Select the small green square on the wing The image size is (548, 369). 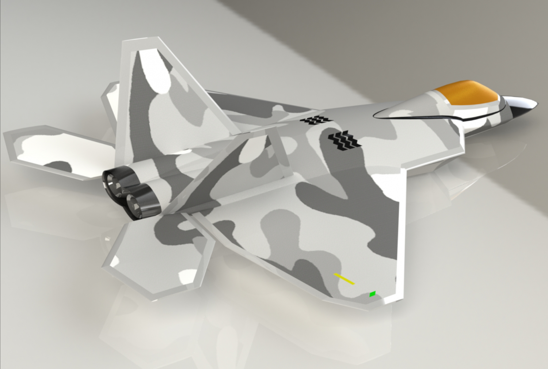click(x=372, y=294)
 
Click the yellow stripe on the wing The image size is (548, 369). click(x=344, y=279)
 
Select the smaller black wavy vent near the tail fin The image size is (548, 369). click(x=316, y=120)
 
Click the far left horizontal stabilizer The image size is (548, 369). click(x=55, y=150)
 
